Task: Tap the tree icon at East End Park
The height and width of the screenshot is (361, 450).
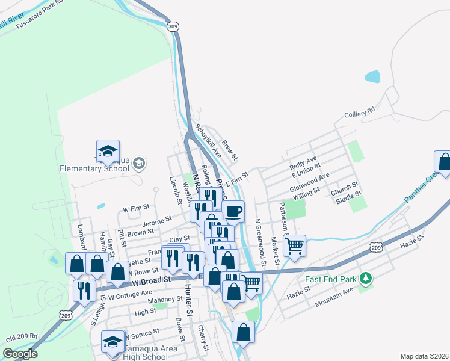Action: pos(365,278)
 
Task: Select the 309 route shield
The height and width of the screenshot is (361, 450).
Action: pos(173,26)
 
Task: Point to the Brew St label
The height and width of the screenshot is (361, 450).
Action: pos(230,150)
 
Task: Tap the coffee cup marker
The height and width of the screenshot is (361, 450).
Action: pos(233,211)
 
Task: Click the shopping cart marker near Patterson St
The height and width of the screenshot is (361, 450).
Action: pos(294,245)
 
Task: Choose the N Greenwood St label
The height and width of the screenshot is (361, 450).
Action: pos(260,239)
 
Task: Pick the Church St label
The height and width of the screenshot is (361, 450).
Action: pos(345,187)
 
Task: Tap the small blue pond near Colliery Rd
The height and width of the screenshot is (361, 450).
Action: pos(372,77)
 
